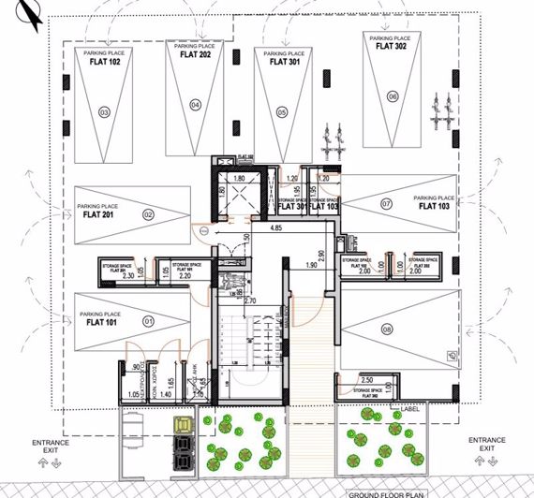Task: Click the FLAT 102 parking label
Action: tap(104, 65)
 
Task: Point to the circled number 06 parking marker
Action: tap(392, 96)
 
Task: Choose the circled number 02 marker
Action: tap(148, 214)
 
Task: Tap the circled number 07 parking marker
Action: tap(386, 203)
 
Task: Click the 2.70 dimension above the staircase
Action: tap(250, 301)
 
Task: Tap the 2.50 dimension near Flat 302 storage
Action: tap(367, 380)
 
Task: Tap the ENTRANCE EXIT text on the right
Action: tap(487, 444)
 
